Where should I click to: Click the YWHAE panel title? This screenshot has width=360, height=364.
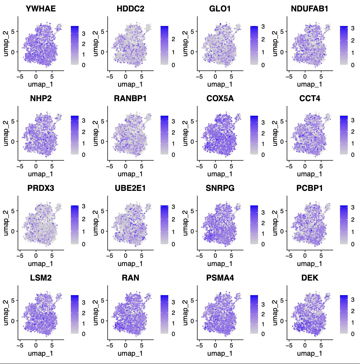(x=41, y=9)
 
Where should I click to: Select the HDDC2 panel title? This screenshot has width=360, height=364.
(x=130, y=9)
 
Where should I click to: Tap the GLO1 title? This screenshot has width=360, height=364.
(x=220, y=9)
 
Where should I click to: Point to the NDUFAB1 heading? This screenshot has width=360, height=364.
(x=309, y=9)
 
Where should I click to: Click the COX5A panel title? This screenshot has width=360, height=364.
(x=220, y=99)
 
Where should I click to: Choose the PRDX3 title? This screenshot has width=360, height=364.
(x=41, y=188)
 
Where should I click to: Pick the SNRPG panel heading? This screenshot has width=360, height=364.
(x=220, y=188)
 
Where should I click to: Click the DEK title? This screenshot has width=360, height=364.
(x=309, y=278)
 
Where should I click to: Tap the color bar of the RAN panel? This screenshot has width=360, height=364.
(x=164, y=314)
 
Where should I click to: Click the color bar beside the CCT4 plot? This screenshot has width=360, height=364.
(x=344, y=135)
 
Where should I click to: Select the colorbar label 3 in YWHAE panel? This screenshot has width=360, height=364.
(x=83, y=34)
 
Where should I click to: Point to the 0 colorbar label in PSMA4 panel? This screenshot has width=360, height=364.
(x=263, y=334)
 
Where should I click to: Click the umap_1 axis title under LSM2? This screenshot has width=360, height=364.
(x=41, y=353)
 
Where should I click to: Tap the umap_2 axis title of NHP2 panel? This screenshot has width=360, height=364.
(x=6, y=133)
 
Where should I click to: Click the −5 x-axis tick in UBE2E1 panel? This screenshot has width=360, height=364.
(x=110, y=256)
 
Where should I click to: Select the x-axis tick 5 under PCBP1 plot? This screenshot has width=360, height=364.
(x=321, y=256)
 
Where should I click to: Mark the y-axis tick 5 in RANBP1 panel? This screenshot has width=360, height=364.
(x=102, y=121)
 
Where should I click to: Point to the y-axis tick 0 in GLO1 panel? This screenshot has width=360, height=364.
(x=192, y=52)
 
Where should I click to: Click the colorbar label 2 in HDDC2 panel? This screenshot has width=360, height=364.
(x=173, y=39)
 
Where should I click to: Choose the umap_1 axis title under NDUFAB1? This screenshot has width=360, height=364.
(x=309, y=84)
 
